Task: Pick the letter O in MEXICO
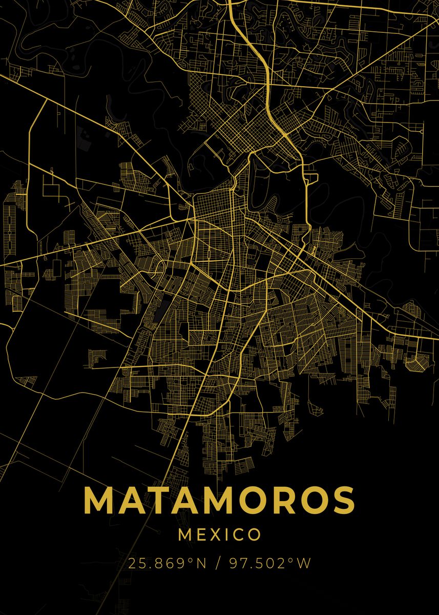pyautogui.click(x=254, y=535)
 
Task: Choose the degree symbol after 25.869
pyautogui.click(x=192, y=560)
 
